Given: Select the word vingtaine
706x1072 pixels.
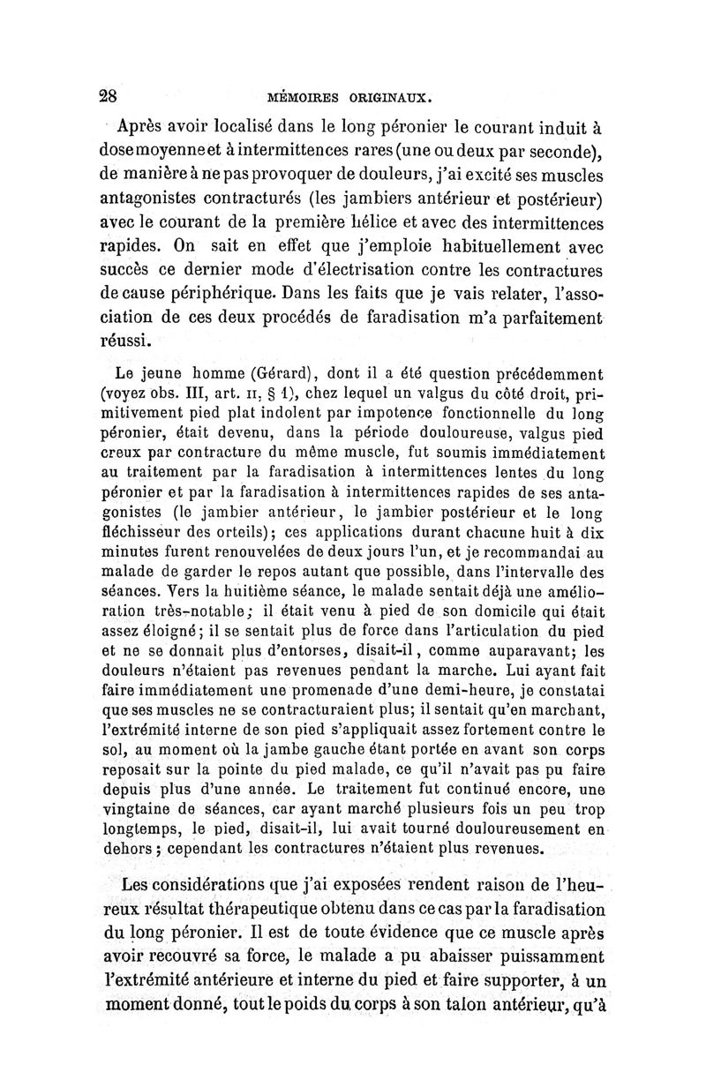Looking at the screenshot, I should pyautogui.click(x=137, y=812).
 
